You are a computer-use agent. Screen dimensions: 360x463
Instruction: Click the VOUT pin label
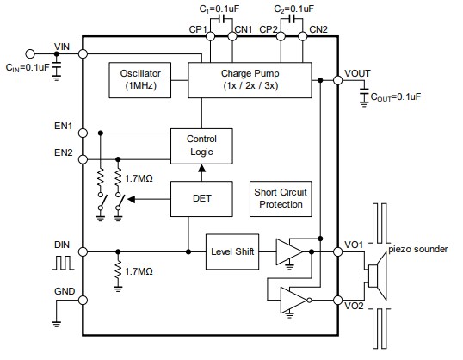click(x=359, y=72)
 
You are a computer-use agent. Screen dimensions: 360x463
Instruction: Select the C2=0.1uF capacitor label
click(x=294, y=8)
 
